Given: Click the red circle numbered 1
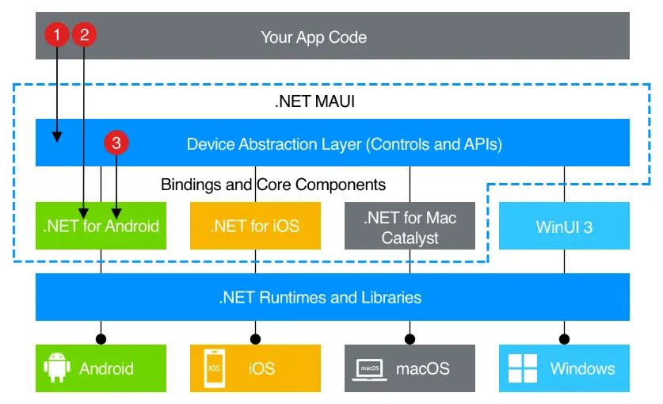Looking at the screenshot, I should coord(57,34).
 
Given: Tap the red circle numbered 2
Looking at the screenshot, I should coord(85,34).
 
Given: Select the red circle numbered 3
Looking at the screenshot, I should coord(116,143).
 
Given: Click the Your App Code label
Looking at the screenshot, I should coord(314,36).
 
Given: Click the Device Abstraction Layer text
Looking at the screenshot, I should coord(344,144).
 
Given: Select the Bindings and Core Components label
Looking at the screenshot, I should coord(273,185).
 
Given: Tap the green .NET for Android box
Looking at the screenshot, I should coord(101,226).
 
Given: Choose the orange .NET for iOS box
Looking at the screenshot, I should coord(254,226).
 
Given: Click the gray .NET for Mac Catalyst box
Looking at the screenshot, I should coord(410,226).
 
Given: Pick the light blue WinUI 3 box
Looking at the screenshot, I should coord(564,226).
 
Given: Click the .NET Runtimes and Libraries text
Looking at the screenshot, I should coord(320,298).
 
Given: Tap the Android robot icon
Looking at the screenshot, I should coord(55,368).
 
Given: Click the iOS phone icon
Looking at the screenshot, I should coord(213,368).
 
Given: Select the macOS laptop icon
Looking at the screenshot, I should coord(368,368).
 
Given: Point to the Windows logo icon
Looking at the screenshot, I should coord(522,368).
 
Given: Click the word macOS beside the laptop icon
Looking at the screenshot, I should coord(422,368).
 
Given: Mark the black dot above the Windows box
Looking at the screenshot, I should coord(564,339).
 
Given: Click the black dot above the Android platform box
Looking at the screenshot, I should coord(101,339).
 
